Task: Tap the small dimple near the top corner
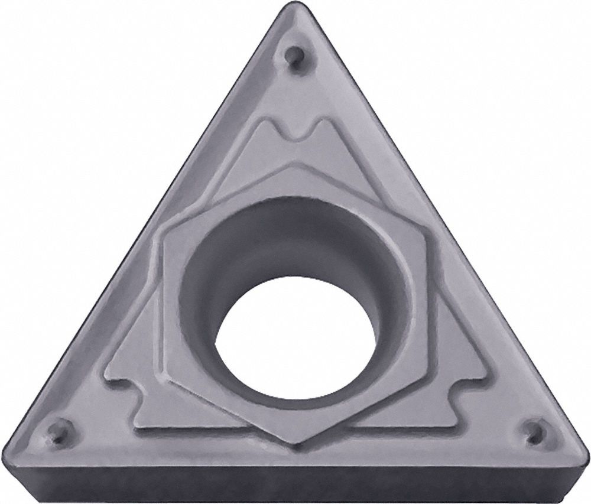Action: click(x=292, y=57)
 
